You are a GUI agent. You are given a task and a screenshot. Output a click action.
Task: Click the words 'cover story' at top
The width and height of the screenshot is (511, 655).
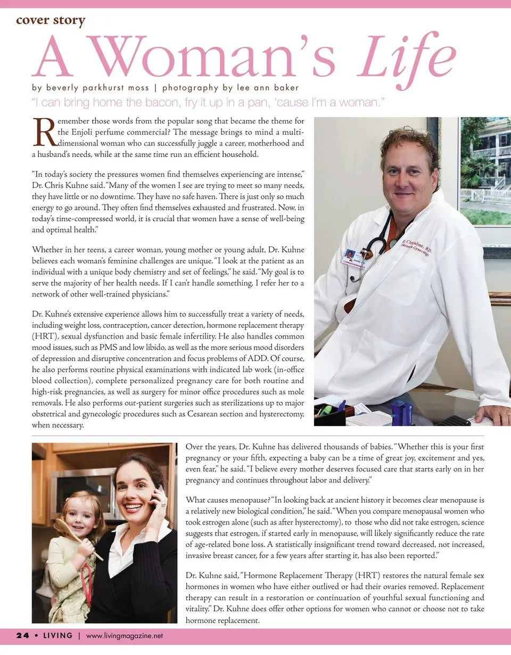coord(51,21)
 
